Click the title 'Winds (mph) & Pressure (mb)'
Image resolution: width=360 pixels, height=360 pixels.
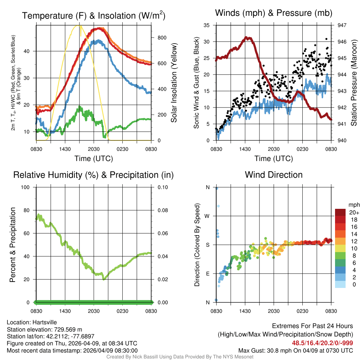click(x=274, y=13)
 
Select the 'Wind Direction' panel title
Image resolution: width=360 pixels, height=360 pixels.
click(x=274, y=175)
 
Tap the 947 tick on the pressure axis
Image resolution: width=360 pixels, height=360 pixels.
click(x=342, y=25)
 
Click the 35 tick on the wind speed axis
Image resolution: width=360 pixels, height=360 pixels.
click(x=206, y=25)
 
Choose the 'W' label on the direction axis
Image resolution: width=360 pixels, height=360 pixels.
click(x=207, y=216)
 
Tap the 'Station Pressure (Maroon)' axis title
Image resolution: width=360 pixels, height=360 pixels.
click(x=354, y=83)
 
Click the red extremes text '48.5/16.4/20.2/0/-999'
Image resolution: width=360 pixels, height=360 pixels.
click(x=322, y=343)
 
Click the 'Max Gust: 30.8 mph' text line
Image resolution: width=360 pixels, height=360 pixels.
click(x=295, y=350)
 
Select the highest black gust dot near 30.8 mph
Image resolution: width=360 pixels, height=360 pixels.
click(x=326, y=39)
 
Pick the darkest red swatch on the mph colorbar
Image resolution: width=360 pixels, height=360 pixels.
click(x=340, y=212)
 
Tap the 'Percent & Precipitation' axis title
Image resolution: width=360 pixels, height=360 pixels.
click(x=13, y=245)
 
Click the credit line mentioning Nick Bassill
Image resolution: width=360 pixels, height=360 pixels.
click(x=180, y=357)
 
